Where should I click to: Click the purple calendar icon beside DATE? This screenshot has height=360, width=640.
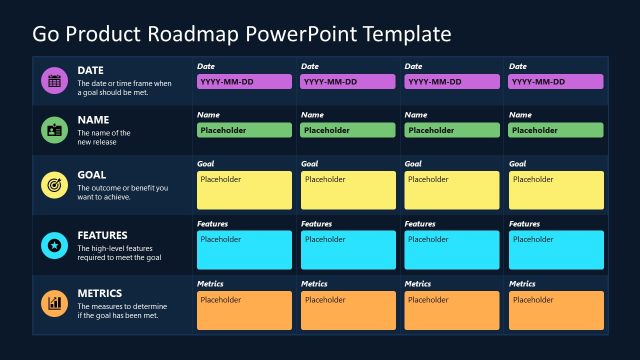click(54, 81)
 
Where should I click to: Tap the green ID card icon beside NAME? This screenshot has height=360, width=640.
click(54, 129)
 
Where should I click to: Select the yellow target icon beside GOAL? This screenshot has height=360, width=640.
click(54, 185)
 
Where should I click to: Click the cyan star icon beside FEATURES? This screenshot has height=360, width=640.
click(54, 245)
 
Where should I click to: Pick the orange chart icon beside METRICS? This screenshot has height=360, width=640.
click(54, 302)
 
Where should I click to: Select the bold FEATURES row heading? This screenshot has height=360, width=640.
click(103, 236)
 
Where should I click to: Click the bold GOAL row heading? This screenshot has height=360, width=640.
click(92, 175)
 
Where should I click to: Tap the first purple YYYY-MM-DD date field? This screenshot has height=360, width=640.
click(244, 82)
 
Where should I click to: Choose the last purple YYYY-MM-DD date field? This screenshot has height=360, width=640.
click(556, 82)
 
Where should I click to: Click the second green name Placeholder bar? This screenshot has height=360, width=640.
click(348, 130)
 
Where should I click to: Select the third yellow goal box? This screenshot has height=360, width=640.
click(452, 190)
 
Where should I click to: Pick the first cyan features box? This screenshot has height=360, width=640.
click(244, 250)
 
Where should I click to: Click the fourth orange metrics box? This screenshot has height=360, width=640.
click(556, 310)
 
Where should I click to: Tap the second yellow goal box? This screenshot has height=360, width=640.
click(348, 190)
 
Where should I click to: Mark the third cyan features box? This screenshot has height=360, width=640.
click(452, 250)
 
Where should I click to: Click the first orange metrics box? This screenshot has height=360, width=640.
click(244, 310)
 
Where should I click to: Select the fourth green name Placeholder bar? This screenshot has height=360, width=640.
click(556, 130)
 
